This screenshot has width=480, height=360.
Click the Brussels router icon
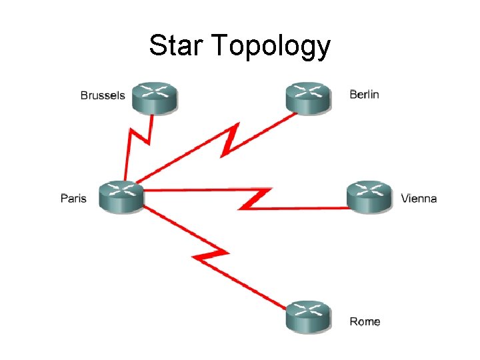(154, 98)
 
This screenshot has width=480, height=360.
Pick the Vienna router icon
(369, 197)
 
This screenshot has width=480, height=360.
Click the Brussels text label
(102, 95)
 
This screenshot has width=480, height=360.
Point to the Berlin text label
(364, 94)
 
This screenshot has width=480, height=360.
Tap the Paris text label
(73, 198)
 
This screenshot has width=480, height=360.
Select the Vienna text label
(419, 198)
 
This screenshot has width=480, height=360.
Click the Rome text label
(365, 322)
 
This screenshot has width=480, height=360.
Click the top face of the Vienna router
(369, 189)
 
